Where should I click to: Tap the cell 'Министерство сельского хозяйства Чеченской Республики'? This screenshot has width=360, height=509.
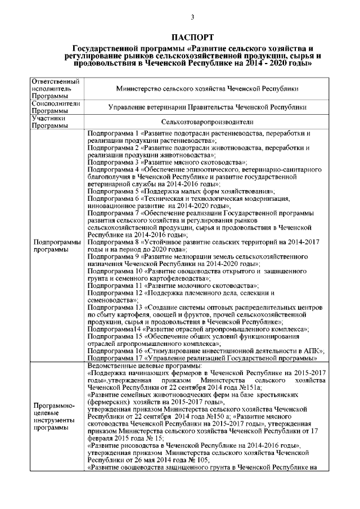pyautogui.click(x=206, y=89)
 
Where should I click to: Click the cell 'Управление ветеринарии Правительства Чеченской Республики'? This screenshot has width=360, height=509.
pyautogui.click(x=206, y=107)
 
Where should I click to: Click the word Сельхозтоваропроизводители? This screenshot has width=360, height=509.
pyautogui.click(x=206, y=122)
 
